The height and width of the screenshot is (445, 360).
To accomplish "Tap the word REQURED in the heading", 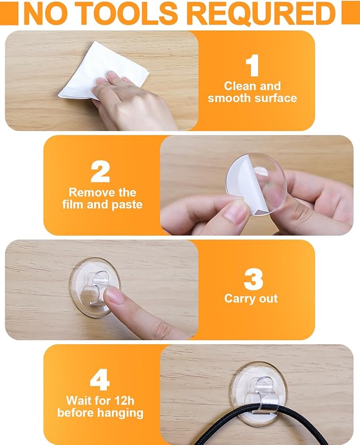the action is [261, 14].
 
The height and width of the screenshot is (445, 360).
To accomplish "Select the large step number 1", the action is [252, 66].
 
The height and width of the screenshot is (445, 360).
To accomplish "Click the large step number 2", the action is [100, 172].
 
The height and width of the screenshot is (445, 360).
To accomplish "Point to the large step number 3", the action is [253, 279].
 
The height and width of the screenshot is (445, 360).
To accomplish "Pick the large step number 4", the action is [100, 379].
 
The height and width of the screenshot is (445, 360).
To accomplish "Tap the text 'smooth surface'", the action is [252, 98].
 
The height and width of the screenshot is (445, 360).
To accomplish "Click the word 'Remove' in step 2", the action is [92, 193].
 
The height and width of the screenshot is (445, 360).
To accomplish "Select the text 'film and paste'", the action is [102, 204].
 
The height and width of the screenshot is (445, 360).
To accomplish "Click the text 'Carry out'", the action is [251, 299].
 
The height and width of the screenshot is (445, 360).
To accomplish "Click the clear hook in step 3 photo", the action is [98, 287].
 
